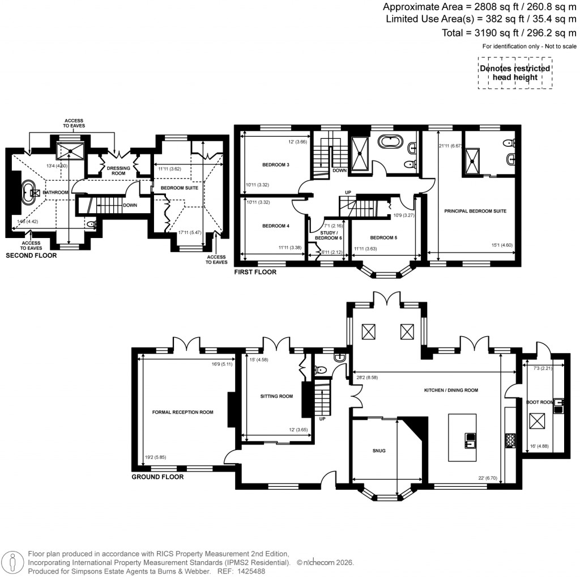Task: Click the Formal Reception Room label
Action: pyautogui.click(x=182, y=412)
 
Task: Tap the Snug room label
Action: pyautogui.click(x=379, y=451)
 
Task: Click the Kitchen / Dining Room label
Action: pyautogui.click(x=451, y=390)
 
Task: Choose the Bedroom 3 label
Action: pyautogui.click(x=276, y=165)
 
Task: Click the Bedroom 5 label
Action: pyautogui.click(x=383, y=237)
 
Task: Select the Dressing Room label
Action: pyautogui.click(x=119, y=171)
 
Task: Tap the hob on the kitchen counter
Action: pyautogui.click(x=509, y=439)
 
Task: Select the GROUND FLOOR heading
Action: pyautogui.click(x=157, y=477)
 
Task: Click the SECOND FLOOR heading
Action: pyautogui.click(x=31, y=256)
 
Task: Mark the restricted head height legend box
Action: pyautogui.click(x=514, y=73)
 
